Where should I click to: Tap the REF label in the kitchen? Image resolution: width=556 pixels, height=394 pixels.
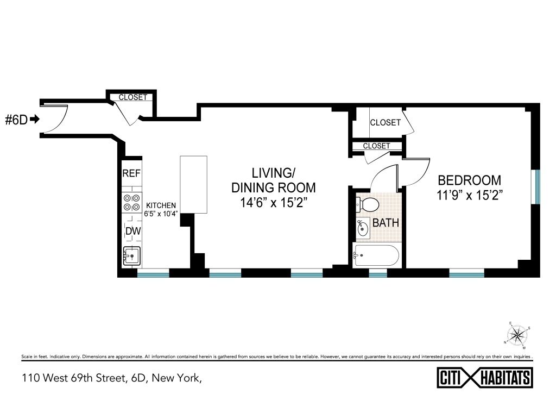pos(131,173)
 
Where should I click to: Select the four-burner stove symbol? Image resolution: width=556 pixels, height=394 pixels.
pos(131,203)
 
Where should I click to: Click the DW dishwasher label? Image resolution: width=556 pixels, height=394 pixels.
pos(134,231)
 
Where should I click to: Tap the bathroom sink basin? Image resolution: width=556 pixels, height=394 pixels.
pos(363,228)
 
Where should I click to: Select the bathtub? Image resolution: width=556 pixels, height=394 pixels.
pos(376,255)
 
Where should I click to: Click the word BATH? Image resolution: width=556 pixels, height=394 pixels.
pos(386,223)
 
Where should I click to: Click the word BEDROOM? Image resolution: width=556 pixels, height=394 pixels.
pos(470,180)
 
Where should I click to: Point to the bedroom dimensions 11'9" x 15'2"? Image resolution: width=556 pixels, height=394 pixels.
pos(470,195)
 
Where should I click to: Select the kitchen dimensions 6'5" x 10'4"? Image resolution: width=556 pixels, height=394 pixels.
pos(161,214)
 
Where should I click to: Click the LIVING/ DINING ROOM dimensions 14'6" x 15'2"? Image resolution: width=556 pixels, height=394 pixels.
pos(274,203)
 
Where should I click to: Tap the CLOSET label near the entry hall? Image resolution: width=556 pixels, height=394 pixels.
pos(132,97)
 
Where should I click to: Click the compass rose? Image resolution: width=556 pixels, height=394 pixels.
pos(517,335)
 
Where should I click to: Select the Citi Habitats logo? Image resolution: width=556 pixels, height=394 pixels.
pos(485,377)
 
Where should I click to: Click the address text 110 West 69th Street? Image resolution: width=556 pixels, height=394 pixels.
pos(73,378)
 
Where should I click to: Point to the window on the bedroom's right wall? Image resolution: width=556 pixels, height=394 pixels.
pos(537,187)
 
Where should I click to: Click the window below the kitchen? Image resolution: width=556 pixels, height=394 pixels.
pos(153,273)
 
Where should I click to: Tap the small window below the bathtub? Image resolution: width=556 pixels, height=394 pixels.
pos(378,273)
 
